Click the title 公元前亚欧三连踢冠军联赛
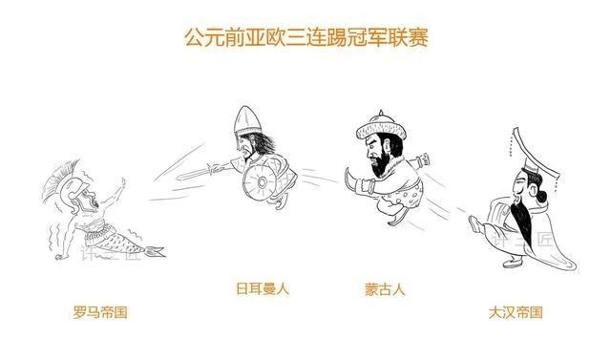point(305,37)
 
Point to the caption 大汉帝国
point(515,311)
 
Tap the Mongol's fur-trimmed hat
point(375,126)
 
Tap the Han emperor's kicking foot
point(475,225)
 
